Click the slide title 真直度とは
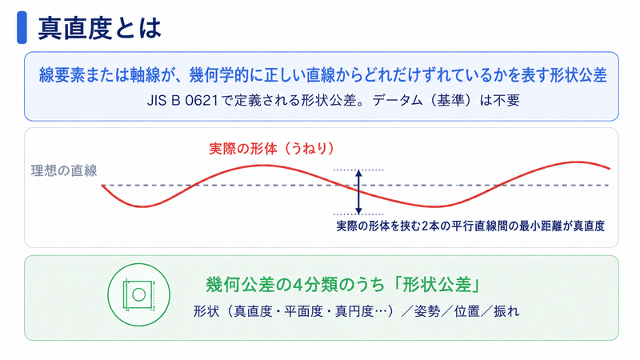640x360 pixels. point(99,28)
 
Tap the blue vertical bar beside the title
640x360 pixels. point(22,27)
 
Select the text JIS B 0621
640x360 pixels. point(182,100)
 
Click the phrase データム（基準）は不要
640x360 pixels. point(446,100)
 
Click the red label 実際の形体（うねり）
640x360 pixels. point(272,148)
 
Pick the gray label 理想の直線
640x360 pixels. point(64,170)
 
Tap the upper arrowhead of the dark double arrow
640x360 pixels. point(358,173)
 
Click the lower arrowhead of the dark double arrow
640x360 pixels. point(358,210)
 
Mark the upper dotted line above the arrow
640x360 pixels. point(358,170)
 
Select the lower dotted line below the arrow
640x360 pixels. point(358,214)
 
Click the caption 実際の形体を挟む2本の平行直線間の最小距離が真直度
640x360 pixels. point(470,226)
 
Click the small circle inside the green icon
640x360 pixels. point(138,294)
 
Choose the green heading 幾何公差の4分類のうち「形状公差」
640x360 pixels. point(344,285)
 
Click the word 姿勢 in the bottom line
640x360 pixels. point(427,311)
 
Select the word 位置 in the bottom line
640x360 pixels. point(467,311)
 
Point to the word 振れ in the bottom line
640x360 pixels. point(506,311)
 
